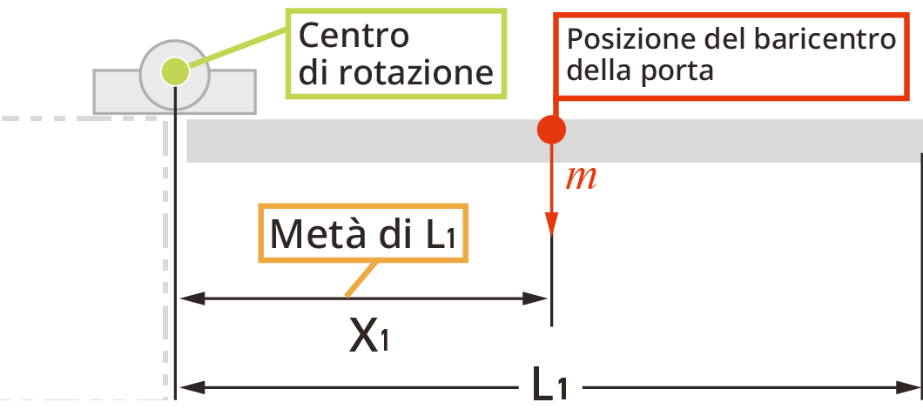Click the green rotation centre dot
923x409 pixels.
click(x=175, y=70)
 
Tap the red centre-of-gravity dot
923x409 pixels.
click(x=551, y=130)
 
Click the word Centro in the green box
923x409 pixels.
click(x=354, y=36)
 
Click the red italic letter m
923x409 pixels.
click(x=581, y=178)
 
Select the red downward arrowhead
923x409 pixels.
click(x=551, y=225)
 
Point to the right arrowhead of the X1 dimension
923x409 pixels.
click(x=538, y=299)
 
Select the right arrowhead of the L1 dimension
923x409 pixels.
click(x=910, y=386)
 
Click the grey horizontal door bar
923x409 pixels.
click(x=740, y=141)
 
